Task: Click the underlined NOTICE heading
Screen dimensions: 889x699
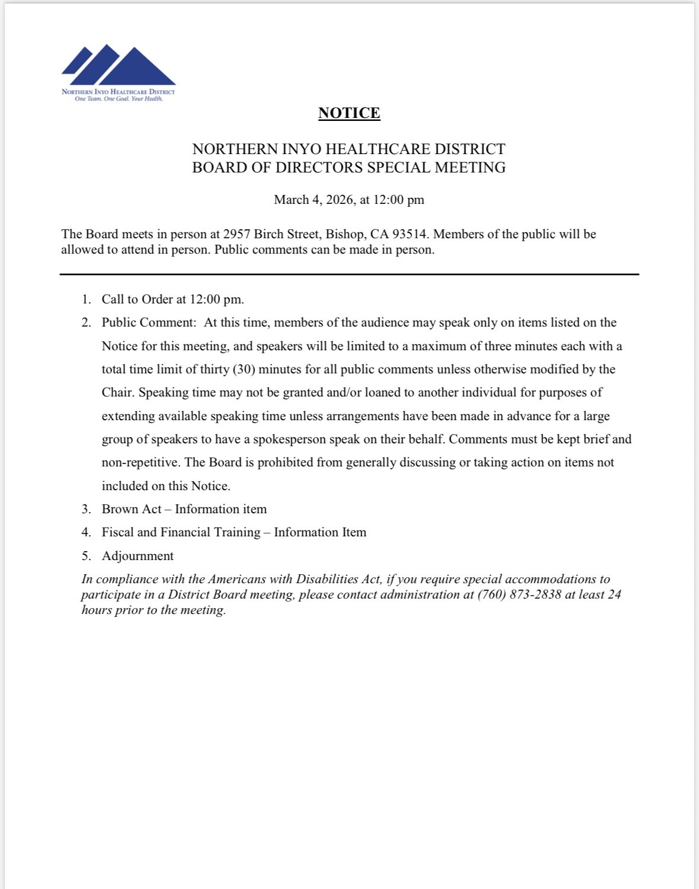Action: [x=349, y=113]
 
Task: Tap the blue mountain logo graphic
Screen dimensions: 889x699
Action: [x=119, y=65]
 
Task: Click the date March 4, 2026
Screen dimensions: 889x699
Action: [x=314, y=200]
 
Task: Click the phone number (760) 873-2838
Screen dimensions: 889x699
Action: [x=519, y=594]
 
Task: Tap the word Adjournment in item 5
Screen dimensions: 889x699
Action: [x=138, y=556]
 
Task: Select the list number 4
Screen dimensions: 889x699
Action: [x=86, y=532]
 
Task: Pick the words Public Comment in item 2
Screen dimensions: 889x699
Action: [x=148, y=322]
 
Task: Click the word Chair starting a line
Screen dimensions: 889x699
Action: [x=117, y=392]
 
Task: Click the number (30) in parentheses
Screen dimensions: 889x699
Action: [x=244, y=369]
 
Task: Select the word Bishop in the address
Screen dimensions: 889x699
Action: [x=344, y=234]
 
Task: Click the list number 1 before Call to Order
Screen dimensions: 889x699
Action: [x=86, y=299]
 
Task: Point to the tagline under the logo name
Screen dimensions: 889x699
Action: [x=119, y=99]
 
